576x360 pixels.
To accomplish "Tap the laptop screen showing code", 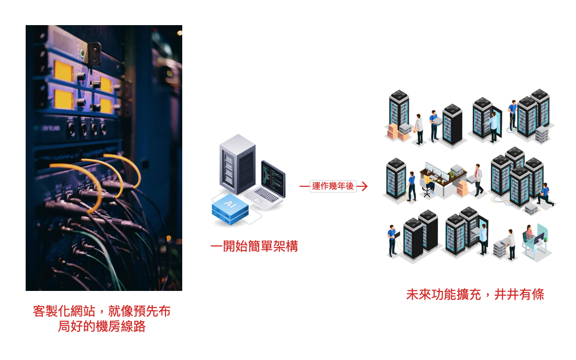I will [x=273, y=175].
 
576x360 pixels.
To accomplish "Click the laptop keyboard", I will [x=267, y=195].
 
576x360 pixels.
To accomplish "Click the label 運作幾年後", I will [x=333, y=186].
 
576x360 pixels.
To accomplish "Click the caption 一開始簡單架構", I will [x=254, y=247].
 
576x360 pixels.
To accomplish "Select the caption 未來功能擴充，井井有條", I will [x=475, y=295].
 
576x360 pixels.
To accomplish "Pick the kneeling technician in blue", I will [x=545, y=194].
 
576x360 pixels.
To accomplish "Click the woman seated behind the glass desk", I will [x=529, y=234].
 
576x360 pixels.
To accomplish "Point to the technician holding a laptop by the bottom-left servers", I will [x=392, y=240].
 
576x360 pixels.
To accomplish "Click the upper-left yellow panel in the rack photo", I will [x=64, y=71].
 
